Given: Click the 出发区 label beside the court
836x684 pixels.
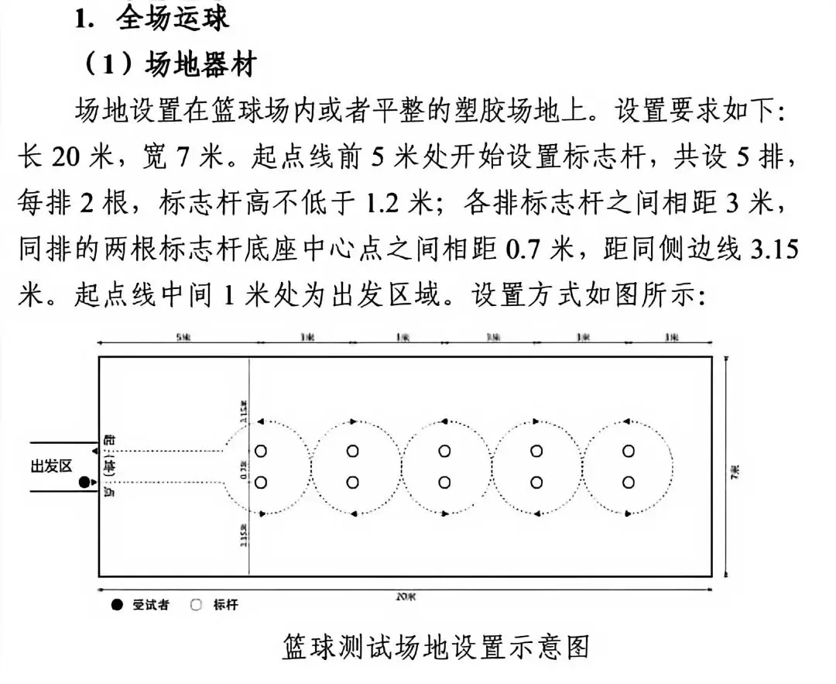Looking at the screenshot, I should pos(51,466).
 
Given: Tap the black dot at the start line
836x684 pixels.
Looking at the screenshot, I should pos(84,483).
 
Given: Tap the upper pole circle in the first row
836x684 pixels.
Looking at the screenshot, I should pos(261,451).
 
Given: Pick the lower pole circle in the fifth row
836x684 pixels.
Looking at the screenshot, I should pos(629,483).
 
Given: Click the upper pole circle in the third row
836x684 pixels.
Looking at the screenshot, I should pos(444,451).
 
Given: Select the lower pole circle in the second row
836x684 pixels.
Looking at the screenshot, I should pos(353,483).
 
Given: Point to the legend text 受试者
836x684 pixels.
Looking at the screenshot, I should pos(151,606).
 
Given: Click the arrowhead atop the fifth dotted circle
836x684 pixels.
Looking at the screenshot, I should pos(629,421).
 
